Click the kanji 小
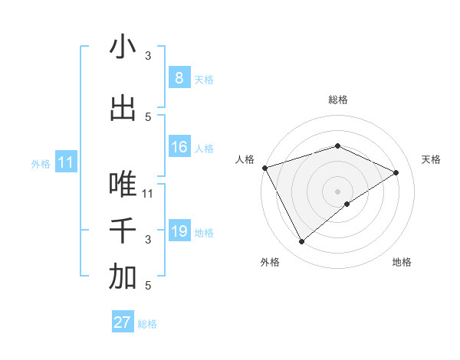click(x=123, y=47)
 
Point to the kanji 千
click(x=123, y=231)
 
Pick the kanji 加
click(x=123, y=277)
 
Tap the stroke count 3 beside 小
click(x=148, y=56)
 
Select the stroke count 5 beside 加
click(x=148, y=286)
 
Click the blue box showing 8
click(x=179, y=77)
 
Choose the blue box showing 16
click(x=179, y=147)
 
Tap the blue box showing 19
click(x=179, y=231)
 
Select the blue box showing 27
click(x=123, y=322)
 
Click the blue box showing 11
click(x=65, y=162)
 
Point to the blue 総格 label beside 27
click(x=147, y=324)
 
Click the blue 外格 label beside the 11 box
click(x=41, y=163)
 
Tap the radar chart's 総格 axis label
click(x=337, y=100)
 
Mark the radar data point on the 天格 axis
click(x=396, y=172)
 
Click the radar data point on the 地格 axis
click(x=347, y=204)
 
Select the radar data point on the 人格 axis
click(x=264, y=167)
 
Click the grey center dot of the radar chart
click(x=337, y=191)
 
